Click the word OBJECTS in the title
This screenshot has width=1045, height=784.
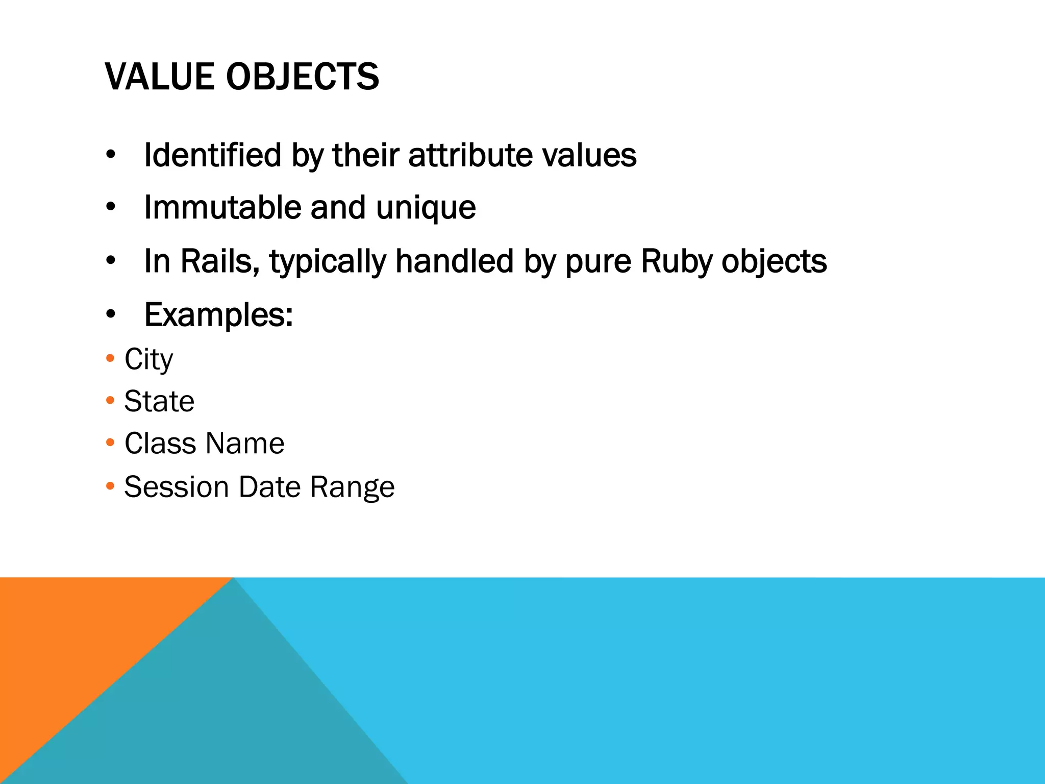coord(302,77)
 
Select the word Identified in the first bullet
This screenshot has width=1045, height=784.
coord(212,155)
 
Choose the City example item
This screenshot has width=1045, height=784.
coord(148,360)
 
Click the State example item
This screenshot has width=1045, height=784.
coord(159,401)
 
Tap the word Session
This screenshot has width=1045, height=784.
coord(176,486)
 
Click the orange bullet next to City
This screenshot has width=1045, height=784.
coord(110,358)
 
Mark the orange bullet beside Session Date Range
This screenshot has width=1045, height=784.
coord(110,486)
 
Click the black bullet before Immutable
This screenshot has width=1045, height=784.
coord(111,208)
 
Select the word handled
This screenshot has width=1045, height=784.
coord(454,261)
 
